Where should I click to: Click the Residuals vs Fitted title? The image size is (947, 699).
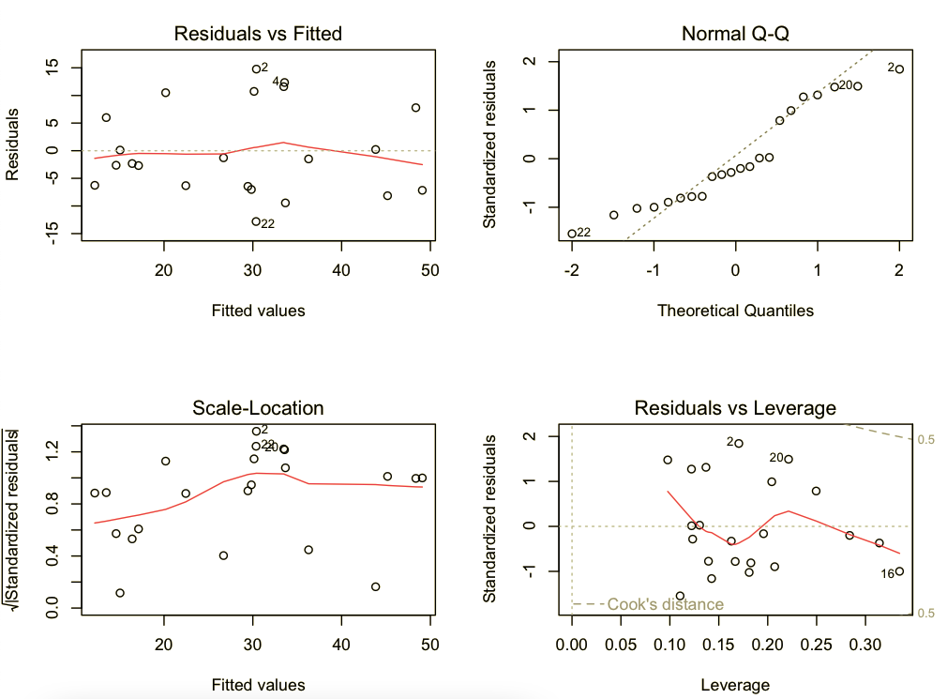(x=258, y=34)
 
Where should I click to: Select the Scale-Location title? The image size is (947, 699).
(x=258, y=407)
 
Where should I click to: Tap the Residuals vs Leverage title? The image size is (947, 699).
(x=735, y=407)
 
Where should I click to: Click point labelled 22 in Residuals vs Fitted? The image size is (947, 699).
(x=256, y=221)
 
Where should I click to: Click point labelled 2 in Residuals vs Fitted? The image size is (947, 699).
(x=256, y=68)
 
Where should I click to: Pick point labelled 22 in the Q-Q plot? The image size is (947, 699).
(x=572, y=234)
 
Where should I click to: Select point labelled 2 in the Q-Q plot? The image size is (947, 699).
(x=899, y=69)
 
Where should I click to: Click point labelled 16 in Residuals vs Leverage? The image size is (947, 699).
(x=899, y=571)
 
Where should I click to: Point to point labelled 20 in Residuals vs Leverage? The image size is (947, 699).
(x=789, y=459)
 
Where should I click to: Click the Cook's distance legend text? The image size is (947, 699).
(x=665, y=604)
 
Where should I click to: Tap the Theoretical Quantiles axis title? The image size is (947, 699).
(x=735, y=310)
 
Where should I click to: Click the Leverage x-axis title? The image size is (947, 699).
(x=735, y=684)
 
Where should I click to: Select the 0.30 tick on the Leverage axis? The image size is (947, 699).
(x=866, y=646)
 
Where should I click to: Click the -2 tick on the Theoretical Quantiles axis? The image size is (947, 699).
(x=572, y=271)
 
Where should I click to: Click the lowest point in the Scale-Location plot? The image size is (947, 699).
(x=120, y=593)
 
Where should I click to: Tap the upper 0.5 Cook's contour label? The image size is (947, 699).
(x=923, y=439)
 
